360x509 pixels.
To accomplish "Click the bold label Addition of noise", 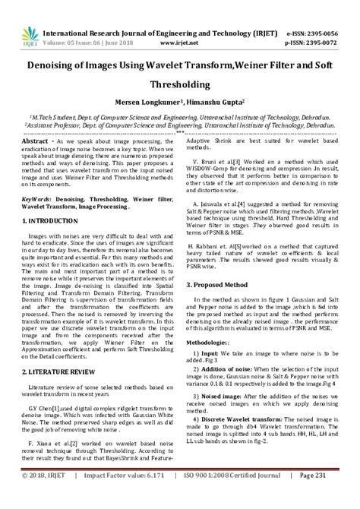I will coord(226,368).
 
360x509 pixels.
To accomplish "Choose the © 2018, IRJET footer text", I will coord(46,496).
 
